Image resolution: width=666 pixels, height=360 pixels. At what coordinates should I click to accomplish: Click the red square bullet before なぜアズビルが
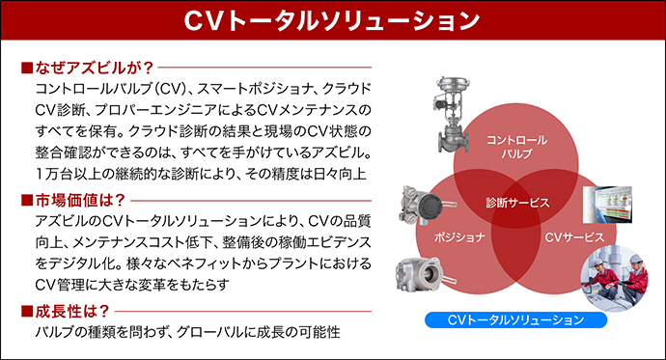(x=26, y=69)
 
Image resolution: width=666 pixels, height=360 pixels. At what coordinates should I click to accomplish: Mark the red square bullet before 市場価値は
(x=26, y=201)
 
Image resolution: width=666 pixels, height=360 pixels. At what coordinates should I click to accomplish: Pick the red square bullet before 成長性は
(x=26, y=311)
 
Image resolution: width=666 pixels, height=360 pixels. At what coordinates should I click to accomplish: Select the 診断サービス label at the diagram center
(x=518, y=203)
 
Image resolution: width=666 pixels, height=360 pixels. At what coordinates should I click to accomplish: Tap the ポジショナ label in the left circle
(x=459, y=236)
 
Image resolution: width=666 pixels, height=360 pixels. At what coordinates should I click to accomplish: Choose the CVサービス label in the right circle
(x=574, y=236)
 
